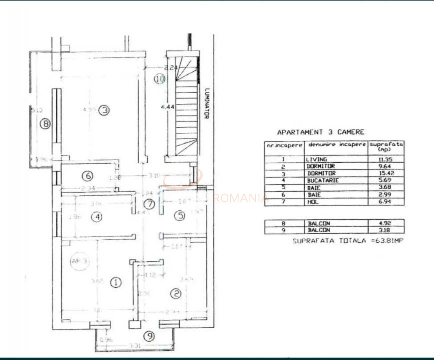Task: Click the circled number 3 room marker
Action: point(103,110)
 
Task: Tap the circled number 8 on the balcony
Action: point(45,123)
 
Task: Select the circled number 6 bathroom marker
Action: point(88,176)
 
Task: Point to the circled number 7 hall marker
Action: point(148,204)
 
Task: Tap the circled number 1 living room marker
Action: point(115,283)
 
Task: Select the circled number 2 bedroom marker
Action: point(175,294)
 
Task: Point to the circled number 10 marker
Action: point(159,79)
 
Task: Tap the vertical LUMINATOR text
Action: point(206,103)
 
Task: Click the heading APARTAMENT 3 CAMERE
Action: point(320,132)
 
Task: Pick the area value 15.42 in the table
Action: point(386,173)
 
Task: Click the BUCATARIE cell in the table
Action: point(322,180)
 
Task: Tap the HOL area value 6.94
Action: point(386,201)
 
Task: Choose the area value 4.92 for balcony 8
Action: point(386,223)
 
